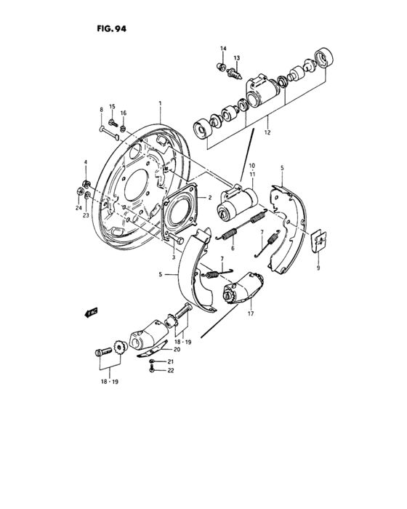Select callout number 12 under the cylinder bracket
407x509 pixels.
268,133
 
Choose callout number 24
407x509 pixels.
78,207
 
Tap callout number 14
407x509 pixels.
223,48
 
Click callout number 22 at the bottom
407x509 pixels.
171,371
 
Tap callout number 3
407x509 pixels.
174,257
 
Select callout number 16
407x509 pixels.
124,114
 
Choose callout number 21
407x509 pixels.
171,361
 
